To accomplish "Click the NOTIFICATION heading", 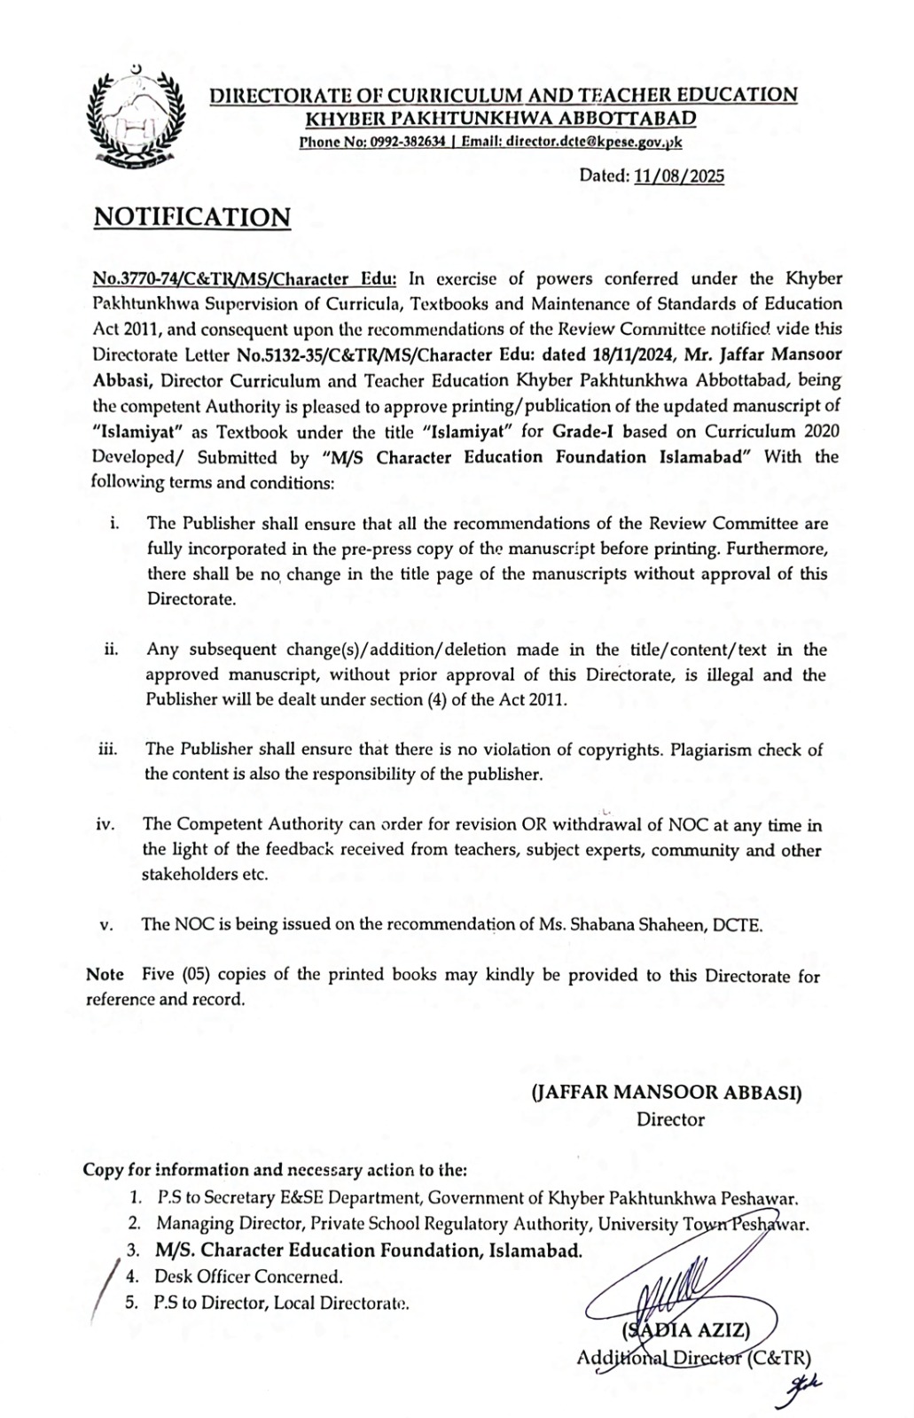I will pos(192,217).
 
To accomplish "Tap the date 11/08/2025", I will pos(680,175).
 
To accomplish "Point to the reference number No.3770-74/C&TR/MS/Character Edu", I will pos(245,278).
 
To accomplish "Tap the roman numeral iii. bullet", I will pos(108,750).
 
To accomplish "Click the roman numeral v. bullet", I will pos(106,925).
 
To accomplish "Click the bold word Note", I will pos(105,975).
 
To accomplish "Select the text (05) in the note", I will pos(194,975).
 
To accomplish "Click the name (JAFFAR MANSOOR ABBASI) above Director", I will pos(666,1093).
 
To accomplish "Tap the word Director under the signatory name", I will pos(670,1119).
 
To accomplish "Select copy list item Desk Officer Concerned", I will pos(248,1277).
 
